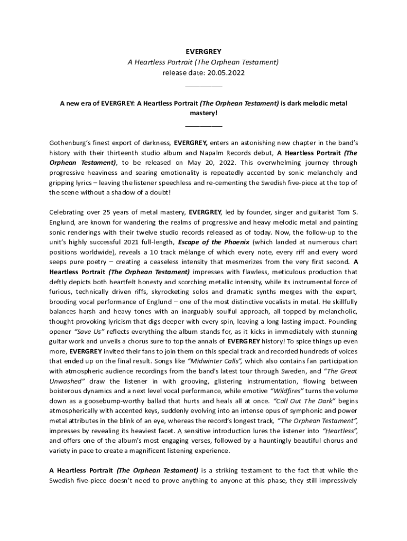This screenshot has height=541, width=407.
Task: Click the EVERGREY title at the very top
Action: click(203, 52)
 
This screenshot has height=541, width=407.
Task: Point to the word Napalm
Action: click(198, 153)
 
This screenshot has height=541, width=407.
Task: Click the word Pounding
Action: click(341, 321)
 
